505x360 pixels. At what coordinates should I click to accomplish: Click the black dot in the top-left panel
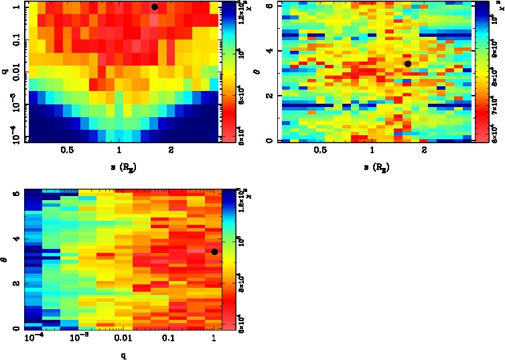(154, 7)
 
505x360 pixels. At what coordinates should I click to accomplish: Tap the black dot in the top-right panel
(407, 64)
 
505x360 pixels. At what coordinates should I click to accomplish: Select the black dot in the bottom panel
(214, 252)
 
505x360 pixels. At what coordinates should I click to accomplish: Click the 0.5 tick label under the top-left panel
(66, 151)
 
